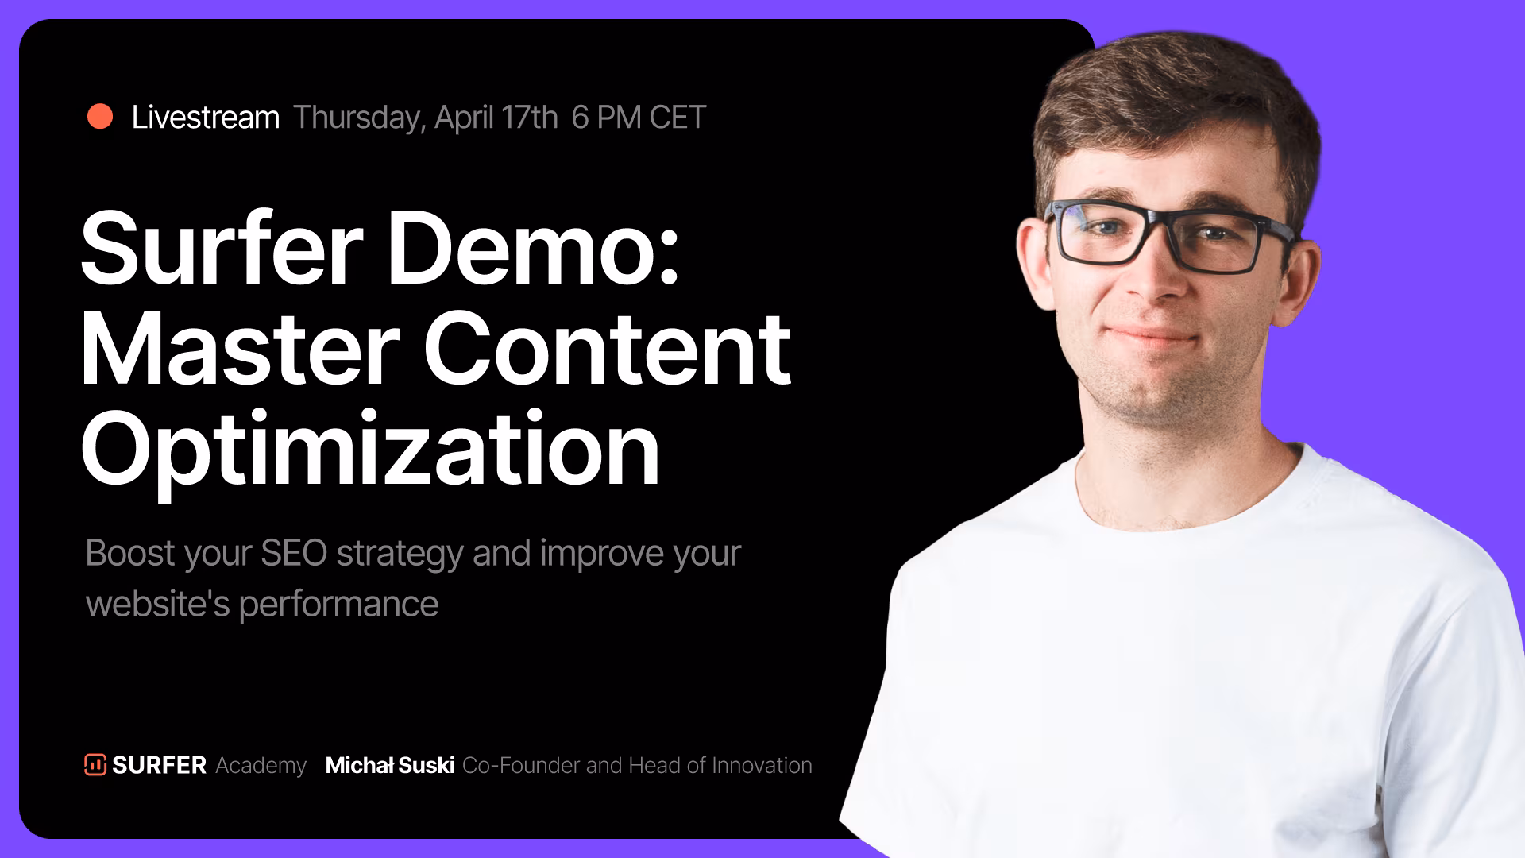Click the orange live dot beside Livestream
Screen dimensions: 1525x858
point(100,116)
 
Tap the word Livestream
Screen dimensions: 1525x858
point(206,118)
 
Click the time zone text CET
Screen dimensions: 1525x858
point(678,118)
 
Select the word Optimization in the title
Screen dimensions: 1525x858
point(370,449)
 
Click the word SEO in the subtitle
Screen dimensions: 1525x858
point(294,553)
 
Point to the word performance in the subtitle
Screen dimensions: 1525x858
point(338,605)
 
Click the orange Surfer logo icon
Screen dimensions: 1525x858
point(95,764)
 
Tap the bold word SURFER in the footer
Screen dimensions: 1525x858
point(159,765)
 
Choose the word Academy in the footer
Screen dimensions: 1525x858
point(261,766)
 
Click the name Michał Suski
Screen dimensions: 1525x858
point(390,765)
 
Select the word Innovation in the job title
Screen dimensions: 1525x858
point(762,765)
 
